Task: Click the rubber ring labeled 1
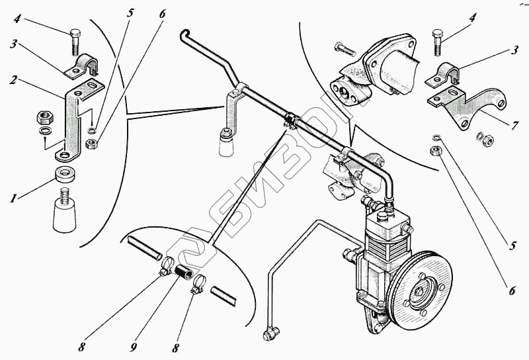coord(65,177)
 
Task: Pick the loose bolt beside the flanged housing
coord(344,49)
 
